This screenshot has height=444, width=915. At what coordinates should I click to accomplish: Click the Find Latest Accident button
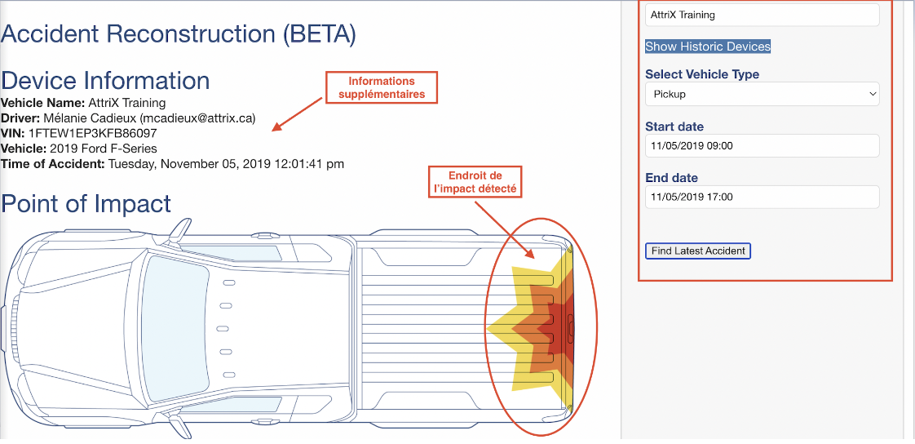point(698,251)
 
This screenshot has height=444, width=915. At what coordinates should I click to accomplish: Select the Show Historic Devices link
point(708,47)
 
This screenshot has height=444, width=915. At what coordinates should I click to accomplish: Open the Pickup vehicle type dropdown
point(762,94)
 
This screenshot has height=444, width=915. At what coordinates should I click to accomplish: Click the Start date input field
point(762,145)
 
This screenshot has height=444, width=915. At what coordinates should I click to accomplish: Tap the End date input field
point(762,197)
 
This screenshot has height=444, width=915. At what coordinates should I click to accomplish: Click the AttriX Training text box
point(762,15)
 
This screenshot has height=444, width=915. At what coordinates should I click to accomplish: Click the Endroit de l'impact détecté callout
point(475,182)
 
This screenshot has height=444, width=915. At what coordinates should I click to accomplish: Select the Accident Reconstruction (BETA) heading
point(179,34)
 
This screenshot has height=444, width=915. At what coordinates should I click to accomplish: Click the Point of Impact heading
point(86,204)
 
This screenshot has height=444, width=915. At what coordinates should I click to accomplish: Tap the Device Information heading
point(106,81)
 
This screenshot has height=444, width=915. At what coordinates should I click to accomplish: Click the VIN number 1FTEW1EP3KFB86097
point(92,134)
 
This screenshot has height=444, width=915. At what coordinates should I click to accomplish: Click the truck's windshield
point(174,329)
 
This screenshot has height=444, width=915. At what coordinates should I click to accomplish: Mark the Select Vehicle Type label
point(702,75)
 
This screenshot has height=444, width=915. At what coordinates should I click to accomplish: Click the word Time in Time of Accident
point(14,164)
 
